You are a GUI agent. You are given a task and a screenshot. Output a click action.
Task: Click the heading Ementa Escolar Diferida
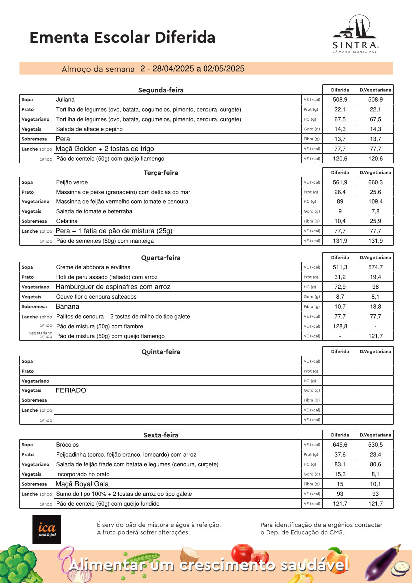pyautogui.click(x=123, y=37)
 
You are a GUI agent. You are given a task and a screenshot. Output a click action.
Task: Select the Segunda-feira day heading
pyautogui.click(x=161, y=90)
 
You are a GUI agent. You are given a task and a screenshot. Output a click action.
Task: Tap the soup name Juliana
pyautogui.click(x=65, y=100)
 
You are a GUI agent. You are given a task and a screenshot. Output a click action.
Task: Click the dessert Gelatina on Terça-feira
pyautogui.click(x=67, y=221)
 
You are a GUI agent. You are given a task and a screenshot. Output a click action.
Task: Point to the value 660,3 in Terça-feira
pyautogui.click(x=375, y=182)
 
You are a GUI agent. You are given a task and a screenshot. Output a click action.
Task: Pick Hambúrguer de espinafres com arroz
pyautogui.click(x=113, y=287)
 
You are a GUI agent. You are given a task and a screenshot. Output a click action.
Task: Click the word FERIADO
pyautogui.click(x=71, y=390)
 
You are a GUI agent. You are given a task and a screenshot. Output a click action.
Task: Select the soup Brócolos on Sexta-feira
pyautogui.click(x=67, y=445)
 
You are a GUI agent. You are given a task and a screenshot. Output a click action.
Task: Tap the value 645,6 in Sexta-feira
pyautogui.click(x=340, y=445)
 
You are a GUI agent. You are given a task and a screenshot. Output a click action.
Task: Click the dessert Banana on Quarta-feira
pyautogui.click(x=67, y=307)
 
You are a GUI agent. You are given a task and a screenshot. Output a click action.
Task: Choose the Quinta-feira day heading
pyautogui.click(x=161, y=352)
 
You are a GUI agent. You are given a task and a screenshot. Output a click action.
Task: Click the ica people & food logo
pyautogui.click(x=47, y=529)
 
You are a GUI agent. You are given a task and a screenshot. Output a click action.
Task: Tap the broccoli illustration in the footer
pyautogui.click(x=18, y=564)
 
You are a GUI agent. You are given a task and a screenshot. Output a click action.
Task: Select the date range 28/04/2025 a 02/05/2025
pyautogui.click(x=193, y=69)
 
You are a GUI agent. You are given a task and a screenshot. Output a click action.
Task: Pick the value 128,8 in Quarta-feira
pyautogui.click(x=340, y=326)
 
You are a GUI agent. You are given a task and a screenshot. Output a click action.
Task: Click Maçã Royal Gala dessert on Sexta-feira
pyautogui.click(x=82, y=484)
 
